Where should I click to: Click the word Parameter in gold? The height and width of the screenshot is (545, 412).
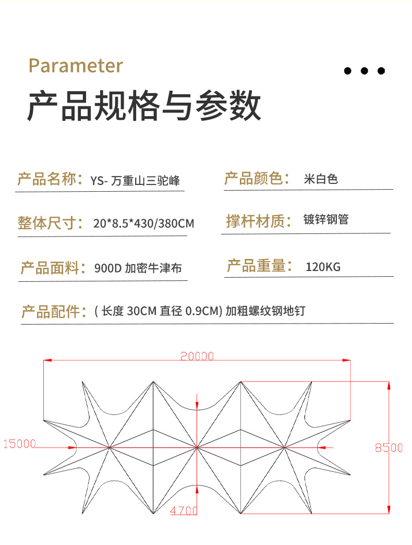[76, 66]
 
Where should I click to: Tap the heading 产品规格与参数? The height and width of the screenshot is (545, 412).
[144, 106]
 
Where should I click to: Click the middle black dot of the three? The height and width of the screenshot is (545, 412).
[365, 71]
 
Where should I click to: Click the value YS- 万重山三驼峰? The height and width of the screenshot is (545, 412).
[135, 181]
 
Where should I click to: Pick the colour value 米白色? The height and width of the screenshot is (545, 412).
[321, 179]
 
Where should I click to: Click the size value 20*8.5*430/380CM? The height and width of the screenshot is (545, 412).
[144, 224]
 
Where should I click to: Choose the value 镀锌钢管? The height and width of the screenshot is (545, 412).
[325, 219]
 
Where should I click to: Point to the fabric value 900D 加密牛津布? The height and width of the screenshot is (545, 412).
[138, 268]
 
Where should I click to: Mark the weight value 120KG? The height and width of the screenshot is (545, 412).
[323, 267]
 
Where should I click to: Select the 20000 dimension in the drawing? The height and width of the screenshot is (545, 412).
[197, 356]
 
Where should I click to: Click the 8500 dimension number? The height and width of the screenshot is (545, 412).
[389, 447]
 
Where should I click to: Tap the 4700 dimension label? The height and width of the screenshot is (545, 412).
[184, 511]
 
